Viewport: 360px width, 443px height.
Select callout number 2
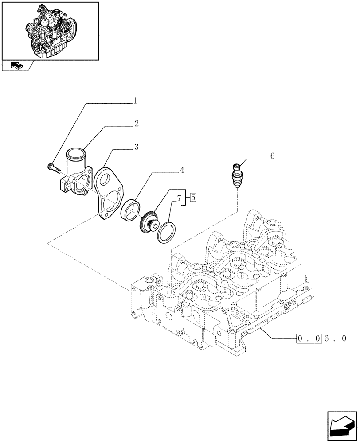137,124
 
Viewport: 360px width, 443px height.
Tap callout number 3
137,147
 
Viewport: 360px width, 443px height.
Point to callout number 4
182,170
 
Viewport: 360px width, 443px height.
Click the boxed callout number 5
193,198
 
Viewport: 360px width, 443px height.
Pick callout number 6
272,156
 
